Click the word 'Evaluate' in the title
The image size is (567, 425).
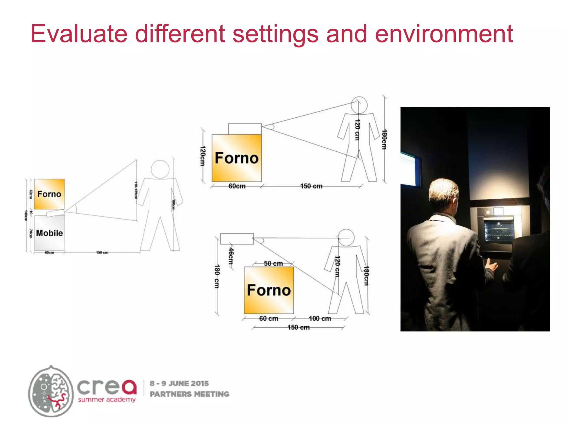(x=79, y=34)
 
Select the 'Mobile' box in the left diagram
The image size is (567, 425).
(x=50, y=233)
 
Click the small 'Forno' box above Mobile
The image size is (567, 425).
(x=49, y=194)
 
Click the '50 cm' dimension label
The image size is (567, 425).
(x=273, y=263)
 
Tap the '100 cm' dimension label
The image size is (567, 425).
(x=320, y=318)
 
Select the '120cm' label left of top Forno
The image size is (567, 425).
(x=203, y=156)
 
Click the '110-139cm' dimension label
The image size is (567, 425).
(x=136, y=190)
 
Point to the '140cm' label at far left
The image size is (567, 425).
(x=26, y=216)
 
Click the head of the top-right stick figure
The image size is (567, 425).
(x=359, y=105)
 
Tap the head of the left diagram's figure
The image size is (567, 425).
(x=160, y=169)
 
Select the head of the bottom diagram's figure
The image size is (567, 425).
(x=346, y=237)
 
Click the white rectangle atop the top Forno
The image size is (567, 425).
(x=245, y=129)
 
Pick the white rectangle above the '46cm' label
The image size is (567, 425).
(x=237, y=239)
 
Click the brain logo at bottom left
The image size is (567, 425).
(x=51, y=391)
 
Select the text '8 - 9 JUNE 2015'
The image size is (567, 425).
(x=179, y=383)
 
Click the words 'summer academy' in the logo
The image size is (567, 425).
(x=107, y=400)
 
